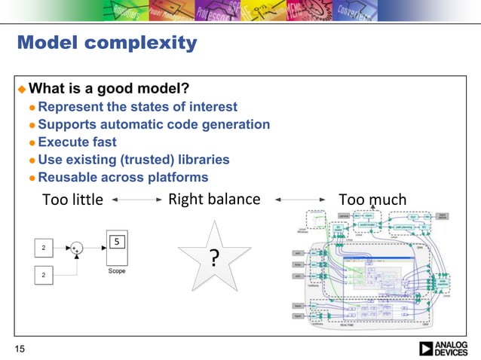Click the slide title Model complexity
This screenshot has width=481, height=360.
(106, 43)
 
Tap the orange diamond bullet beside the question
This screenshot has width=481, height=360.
(22, 90)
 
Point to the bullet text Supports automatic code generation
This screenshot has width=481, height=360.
(154, 124)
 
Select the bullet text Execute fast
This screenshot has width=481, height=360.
(77, 142)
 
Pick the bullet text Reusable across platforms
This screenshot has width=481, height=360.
(123, 177)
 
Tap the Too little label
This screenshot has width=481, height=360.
(72, 200)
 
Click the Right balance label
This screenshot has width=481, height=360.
(213, 199)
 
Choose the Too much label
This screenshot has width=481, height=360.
(372, 200)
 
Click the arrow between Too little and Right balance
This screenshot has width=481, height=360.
(136, 200)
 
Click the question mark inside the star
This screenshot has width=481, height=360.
(215, 260)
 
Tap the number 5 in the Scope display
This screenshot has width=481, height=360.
(117, 242)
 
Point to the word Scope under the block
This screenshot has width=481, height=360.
(117, 270)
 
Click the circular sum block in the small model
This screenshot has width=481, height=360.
(75, 248)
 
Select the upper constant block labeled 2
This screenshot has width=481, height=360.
(44, 248)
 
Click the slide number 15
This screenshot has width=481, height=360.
(19, 348)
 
